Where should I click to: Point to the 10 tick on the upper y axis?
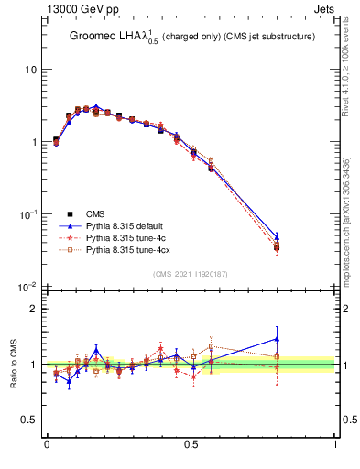[30, 70]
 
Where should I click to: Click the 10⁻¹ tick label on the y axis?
[27, 214]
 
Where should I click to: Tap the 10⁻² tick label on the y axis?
[27, 287]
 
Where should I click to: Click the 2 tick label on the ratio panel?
[33, 309]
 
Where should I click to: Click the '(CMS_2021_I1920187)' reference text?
[191, 275]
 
